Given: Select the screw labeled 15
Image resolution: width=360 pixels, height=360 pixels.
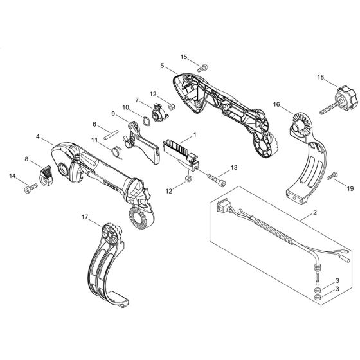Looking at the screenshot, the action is [203, 67].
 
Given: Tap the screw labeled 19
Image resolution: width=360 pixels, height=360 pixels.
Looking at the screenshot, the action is [332, 175].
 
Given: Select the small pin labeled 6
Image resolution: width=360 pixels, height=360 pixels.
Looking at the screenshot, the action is [111, 135].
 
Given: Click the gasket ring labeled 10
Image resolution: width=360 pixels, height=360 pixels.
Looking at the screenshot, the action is [146, 121].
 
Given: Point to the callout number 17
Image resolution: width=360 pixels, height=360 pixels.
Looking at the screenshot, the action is [85, 217].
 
